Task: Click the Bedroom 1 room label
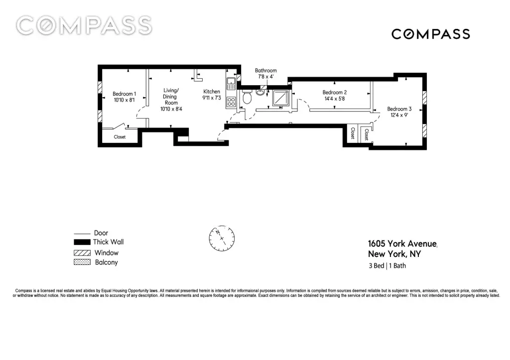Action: click(x=124, y=94)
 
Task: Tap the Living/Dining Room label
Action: click(x=171, y=96)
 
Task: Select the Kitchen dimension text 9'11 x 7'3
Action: click(x=211, y=98)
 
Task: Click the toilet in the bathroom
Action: click(x=247, y=97)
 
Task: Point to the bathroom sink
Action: click(x=260, y=92)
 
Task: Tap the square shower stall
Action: click(x=280, y=98)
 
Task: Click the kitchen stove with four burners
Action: click(x=231, y=102)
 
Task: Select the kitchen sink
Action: click(x=231, y=84)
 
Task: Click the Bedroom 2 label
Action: click(x=334, y=92)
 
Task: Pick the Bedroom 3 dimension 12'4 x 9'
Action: click(x=399, y=115)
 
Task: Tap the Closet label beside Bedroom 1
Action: click(x=120, y=137)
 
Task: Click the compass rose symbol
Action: click(x=222, y=239)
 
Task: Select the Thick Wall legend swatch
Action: click(x=82, y=242)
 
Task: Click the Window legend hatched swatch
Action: click(x=82, y=252)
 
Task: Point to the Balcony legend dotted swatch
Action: click(x=82, y=262)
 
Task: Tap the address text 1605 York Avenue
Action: click(x=402, y=243)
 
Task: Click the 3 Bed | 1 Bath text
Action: click(x=387, y=266)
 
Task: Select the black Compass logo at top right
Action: click(x=431, y=34)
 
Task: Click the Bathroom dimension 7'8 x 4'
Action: click(x=266, y=77)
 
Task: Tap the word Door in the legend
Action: click(x=101, y=233)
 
